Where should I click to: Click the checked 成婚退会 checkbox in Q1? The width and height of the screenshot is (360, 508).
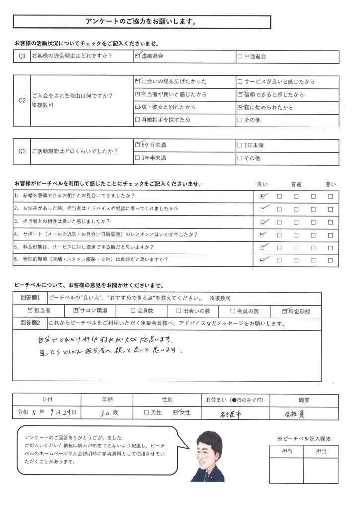coord(138,56)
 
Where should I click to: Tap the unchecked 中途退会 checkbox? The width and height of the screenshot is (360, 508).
coord(240,57)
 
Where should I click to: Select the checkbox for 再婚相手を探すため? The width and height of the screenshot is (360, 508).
coord(138,120)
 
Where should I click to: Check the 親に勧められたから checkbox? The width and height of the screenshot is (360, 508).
coord(240,107)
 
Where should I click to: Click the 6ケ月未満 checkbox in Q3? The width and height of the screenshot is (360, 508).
coord(138,145)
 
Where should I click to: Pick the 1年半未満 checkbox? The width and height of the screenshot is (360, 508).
coord(138,158)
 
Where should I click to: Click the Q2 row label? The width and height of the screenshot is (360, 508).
coord(22,100)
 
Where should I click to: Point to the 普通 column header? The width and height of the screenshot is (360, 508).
coord(296,184)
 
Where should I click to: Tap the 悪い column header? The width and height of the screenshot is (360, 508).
coord(330,184)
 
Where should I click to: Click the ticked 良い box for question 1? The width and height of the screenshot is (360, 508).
coord(262,196)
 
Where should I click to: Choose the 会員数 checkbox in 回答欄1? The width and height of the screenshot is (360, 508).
coord(133,311)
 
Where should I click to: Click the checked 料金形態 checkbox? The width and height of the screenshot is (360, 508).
coord(285,311)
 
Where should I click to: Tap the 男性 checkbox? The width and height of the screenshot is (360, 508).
coord(146,412)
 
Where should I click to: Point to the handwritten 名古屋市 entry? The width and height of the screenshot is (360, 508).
coord(232,413)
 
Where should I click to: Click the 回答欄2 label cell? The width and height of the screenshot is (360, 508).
coord(30,324)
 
